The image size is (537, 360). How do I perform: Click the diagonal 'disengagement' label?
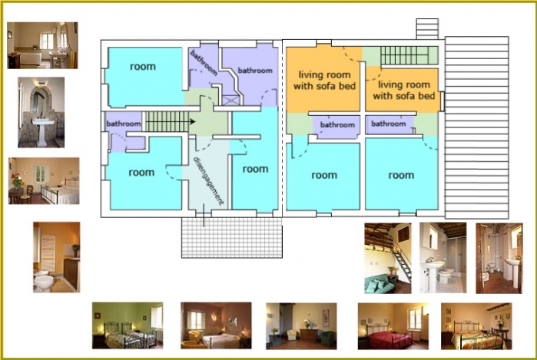click(x=208, y=180)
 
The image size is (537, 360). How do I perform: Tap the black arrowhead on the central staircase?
click(x=193, y=121)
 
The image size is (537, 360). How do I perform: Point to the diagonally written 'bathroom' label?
click(x=204, y=63)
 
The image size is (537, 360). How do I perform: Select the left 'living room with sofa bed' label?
click(x=324, y=80)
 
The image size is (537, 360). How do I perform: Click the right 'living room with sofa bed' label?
click(x=404, y=90)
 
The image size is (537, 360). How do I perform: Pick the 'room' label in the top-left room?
click(x=143, y=66)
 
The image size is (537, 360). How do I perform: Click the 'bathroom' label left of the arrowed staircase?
click(x=124, y=124)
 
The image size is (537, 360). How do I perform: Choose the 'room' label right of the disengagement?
click(x=255, y=169)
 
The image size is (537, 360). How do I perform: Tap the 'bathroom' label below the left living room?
click(x=337, y=125)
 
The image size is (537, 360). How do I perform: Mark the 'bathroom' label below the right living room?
click(x=389, y=124)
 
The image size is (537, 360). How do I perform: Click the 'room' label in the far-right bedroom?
click(x=401, y=175)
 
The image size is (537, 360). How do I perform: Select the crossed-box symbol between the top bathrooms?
click(x=230, y=100)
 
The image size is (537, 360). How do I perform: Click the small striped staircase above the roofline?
click(x=427, y=28)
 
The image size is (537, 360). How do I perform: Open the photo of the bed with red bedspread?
click(x=393, y=326)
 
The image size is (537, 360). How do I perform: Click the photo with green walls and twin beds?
click(x=128, y=325)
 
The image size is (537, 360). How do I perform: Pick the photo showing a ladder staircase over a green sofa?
click(x=388, y=259)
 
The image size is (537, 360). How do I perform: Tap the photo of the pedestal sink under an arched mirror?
click(x=41, y=112)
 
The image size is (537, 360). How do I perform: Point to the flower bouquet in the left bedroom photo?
click(x=16, y=180)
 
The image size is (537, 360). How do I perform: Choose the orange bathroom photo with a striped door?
click(x=57, y=257)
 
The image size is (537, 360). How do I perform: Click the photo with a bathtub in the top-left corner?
click(x=42, y=45)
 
